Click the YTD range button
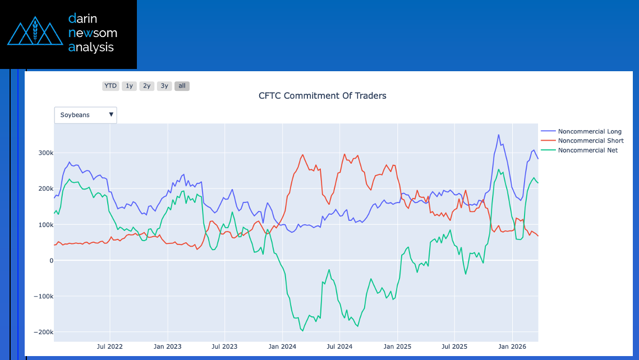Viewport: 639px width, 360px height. [111, 86]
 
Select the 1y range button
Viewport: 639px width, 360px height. [129, 86]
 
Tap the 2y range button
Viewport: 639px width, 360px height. [147, 86]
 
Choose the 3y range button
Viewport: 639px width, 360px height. [164, 86]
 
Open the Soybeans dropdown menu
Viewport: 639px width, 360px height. [85, 115]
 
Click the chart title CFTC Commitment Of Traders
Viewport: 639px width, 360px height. [322, 96]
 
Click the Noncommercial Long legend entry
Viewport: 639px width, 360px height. [589, 131]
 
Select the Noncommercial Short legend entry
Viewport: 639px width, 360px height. [590, 141]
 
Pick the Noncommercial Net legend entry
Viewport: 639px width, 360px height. [587, 150]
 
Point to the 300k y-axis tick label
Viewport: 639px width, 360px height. [45, 153]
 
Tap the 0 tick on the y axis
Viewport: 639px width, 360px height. [50, 261]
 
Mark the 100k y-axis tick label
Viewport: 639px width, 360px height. [45, 225]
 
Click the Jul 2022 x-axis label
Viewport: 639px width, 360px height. [109, 347]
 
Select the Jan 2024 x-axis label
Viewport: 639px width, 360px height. [281, 347]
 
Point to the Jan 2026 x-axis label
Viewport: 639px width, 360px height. [512, 347]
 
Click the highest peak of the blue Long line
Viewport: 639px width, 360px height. [498, 135]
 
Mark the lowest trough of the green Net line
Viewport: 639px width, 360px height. [303, 331]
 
